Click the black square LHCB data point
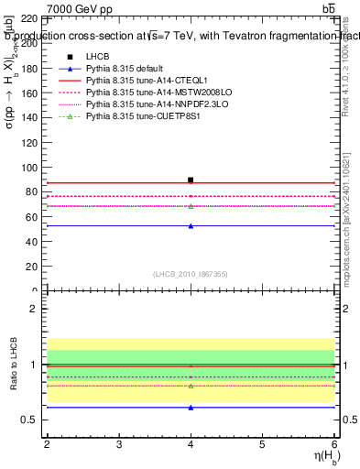[191, 180]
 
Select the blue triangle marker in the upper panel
[191, 225]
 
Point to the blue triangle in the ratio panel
[191, 407]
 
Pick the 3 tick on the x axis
[119, 444]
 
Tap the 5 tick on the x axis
[262, 444]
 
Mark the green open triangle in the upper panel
[191, 206]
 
